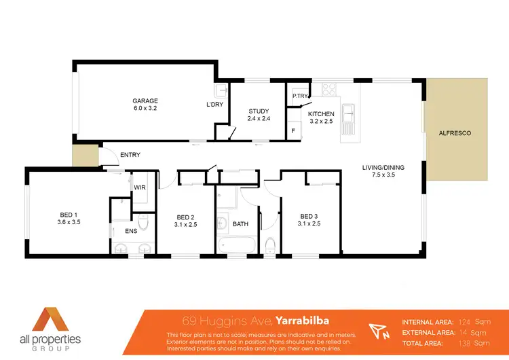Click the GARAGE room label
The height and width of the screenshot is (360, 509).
(145, 101)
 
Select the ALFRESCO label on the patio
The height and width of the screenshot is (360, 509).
(455, 133)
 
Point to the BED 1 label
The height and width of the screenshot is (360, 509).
(69, 215)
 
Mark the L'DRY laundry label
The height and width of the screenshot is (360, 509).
(215, 105)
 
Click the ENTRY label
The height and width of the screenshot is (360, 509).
(130, 156)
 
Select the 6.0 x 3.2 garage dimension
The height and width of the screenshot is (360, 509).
(145, 109)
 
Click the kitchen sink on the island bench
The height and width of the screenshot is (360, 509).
(349, 116)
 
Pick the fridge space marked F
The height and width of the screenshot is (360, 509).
(293, 130)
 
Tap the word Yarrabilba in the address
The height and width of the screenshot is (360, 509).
(304, 320)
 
